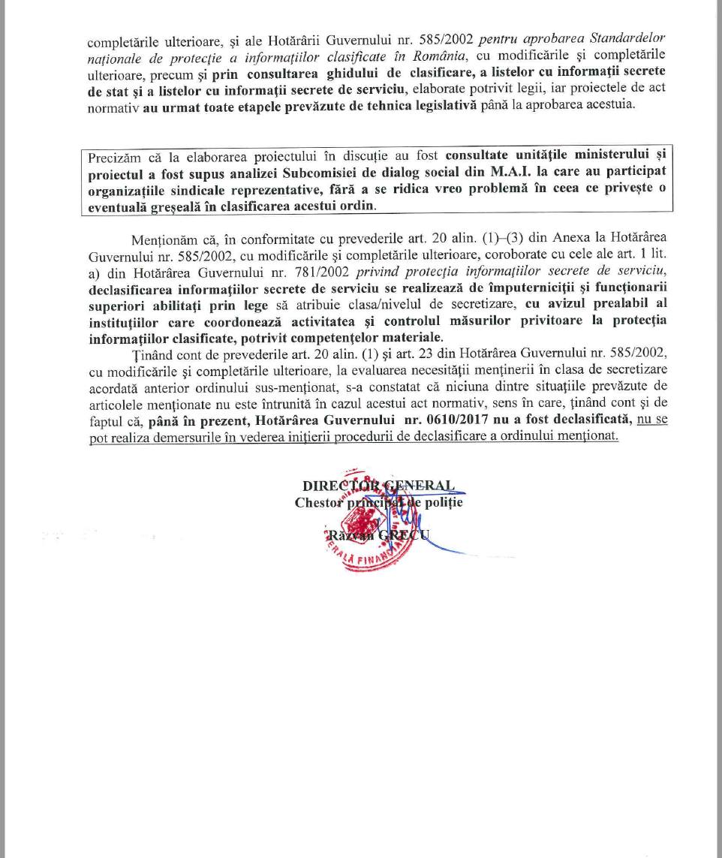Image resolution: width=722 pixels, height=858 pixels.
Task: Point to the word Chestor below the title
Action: tap(320, 502)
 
